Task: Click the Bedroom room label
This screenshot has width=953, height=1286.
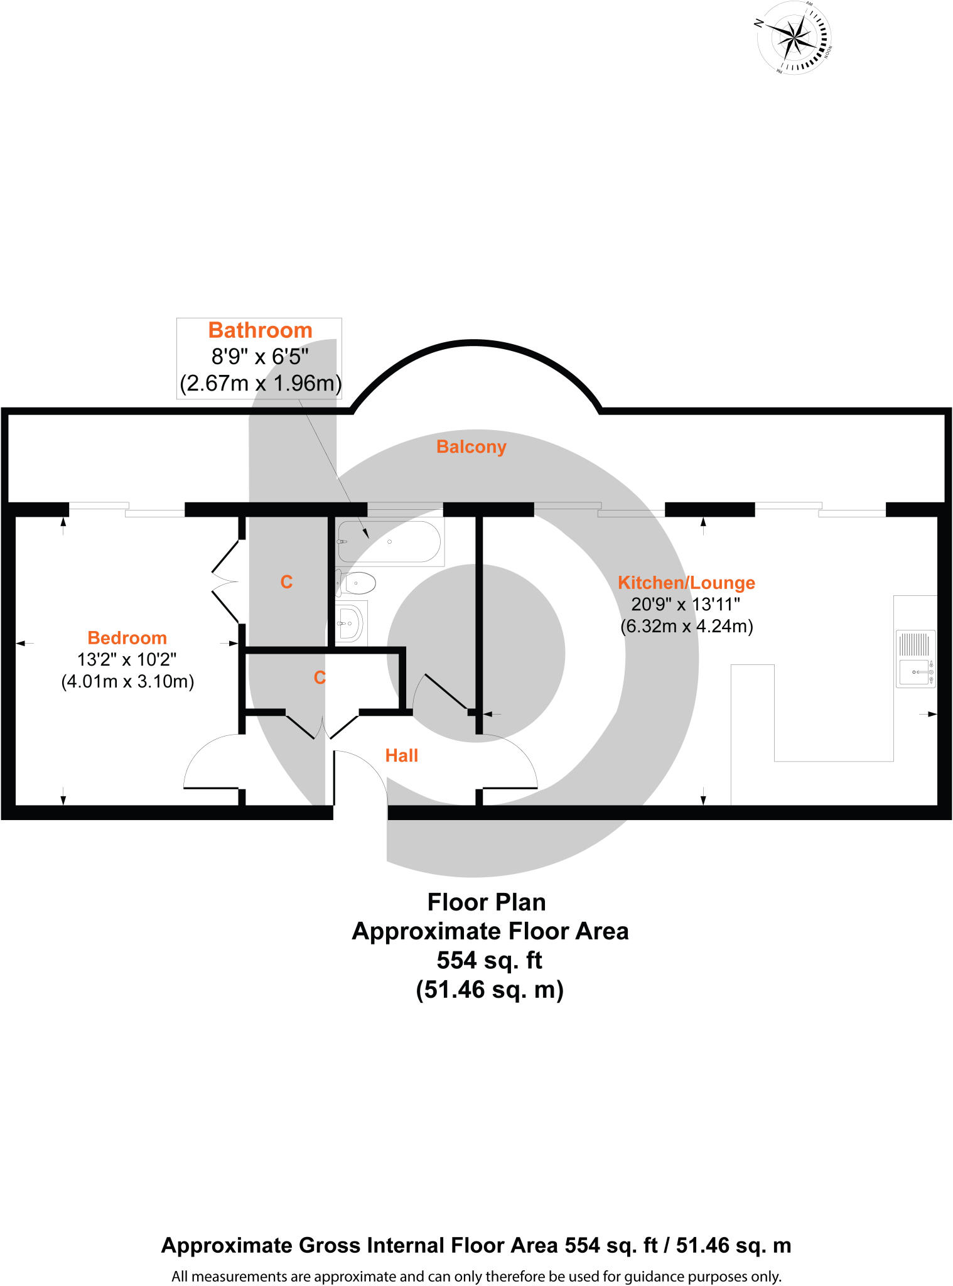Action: tap(127, 638)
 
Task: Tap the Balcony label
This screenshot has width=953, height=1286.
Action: tap(471, 447)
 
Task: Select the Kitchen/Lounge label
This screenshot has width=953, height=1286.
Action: tap(686, 583)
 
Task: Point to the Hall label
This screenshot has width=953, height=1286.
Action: tap(401, 755)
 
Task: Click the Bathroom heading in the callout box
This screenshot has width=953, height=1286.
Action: tap(260, 330)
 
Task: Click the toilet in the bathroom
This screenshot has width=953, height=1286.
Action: tap(357, 583)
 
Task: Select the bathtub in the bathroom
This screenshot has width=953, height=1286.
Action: tap(389, 541)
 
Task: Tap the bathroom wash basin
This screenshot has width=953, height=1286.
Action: tap(349, 623)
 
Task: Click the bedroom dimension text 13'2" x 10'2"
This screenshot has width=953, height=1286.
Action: tap(127, 660)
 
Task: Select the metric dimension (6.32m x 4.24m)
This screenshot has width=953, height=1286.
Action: tap(686, 627)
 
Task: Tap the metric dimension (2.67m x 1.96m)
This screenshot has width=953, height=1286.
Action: tap(260, 383)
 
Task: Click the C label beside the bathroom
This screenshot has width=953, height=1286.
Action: tap(286, 582)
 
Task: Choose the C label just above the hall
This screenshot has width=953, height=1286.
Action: tap(320, 678)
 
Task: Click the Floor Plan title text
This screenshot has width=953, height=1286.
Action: tap(487, 902)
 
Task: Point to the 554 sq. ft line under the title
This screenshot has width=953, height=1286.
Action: tap(489, 961)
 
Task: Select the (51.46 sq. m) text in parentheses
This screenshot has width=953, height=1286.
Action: tap(489, 990)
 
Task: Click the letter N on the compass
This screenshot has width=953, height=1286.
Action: tap(759, 23)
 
